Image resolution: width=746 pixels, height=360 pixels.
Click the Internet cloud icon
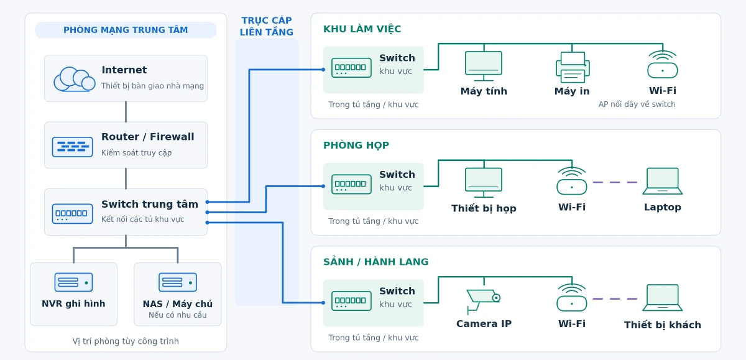74,79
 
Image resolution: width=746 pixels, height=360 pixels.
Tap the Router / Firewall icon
72,147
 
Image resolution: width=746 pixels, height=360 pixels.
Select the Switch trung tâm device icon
72,213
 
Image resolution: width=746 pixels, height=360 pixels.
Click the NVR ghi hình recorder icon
73,282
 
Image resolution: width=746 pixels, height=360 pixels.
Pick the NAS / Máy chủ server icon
178,282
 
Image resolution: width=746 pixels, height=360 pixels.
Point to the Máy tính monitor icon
484,66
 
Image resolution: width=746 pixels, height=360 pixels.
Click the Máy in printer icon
573,67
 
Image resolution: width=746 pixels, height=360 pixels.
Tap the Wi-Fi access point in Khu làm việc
663,64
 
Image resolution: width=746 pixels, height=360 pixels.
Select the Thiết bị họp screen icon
484,183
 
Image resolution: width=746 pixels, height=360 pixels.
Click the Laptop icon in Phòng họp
663,181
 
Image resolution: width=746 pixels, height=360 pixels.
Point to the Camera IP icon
484,302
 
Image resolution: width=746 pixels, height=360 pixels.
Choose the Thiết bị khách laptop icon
663,298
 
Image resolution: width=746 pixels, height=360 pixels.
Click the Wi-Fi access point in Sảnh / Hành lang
572,297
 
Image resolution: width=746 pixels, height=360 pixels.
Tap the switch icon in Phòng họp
351,184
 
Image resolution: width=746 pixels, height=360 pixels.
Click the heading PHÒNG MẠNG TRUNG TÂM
126,30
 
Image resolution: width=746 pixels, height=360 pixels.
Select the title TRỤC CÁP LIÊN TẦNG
267,26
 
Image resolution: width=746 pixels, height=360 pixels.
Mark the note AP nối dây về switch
637,104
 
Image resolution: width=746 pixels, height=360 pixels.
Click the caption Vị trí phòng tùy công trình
126,341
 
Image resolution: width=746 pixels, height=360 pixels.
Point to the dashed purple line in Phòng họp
615,182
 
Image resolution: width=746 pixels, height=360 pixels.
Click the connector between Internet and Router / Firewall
126,111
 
